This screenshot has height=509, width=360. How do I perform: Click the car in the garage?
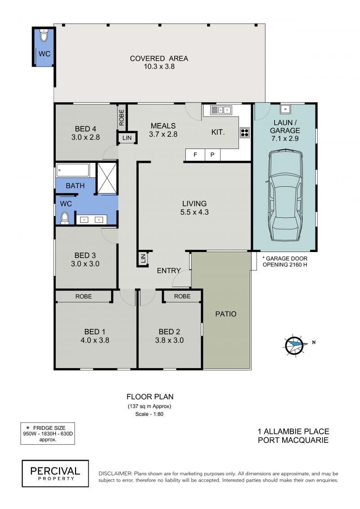[x=285, y=195]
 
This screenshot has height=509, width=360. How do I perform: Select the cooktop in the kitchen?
[x=244, y=133]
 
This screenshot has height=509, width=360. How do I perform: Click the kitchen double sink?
[x=221, y=110]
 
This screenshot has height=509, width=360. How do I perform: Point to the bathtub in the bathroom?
[x=73, y=170]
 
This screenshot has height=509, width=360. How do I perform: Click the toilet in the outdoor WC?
[x=44, y=36]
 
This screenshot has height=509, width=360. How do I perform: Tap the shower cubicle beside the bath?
[x=107, y=178]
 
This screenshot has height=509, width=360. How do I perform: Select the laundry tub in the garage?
[x=285, y=109]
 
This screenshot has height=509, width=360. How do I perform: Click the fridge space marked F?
[x=195, y=155]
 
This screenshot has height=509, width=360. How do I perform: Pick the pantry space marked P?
[x=212, y=155]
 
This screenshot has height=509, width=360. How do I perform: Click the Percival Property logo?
[x=55, y=473]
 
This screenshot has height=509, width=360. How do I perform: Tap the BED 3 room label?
[x=85, y=260]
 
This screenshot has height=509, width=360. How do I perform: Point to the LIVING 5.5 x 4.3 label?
[x=194, y=208]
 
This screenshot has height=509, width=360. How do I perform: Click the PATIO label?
[x=226, y=314]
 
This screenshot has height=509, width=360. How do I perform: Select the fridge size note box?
[x=48, y=433]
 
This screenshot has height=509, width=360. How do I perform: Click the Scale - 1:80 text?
[x=149, y=414]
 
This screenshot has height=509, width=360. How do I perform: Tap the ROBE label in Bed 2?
[x=182, y=297]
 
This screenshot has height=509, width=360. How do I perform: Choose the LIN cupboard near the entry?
[x=143, y=259]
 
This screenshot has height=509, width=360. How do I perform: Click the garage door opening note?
[x=285, y=261]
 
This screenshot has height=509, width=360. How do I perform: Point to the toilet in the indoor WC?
[x=65, y=218]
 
